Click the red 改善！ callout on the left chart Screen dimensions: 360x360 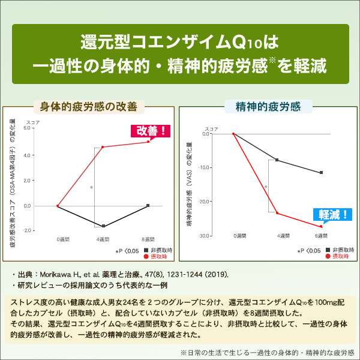pos(150,130)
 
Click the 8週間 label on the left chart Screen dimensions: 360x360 pos(147,239)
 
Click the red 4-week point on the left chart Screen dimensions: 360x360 pos(103,147)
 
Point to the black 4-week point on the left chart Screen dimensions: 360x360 pos(103,226)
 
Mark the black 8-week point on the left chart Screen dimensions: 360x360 pos(148,206)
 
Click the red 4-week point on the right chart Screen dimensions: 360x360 pos(277,213)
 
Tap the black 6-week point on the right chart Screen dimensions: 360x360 pos(322,173)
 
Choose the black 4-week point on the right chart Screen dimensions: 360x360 pos(277,160)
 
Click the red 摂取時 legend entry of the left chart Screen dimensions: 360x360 pos(157,257)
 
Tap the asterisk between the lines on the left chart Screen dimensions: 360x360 pos(91,188)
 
